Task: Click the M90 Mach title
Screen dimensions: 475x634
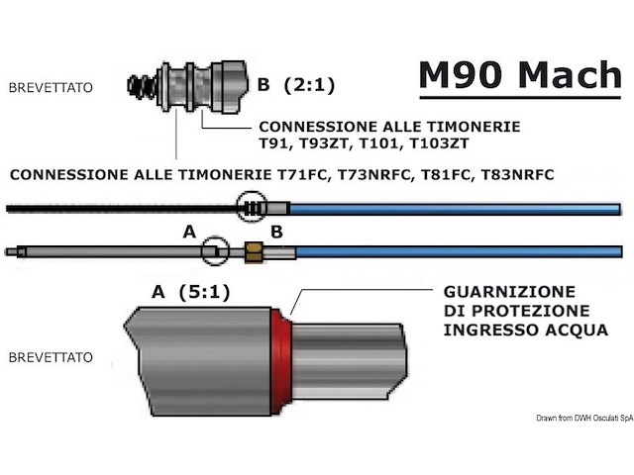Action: click(518, 75)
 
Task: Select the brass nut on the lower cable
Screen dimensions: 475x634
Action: click(253, 251)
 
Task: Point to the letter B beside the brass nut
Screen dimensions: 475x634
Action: click(277, 232)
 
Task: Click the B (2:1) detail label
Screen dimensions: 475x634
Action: click(295, 86)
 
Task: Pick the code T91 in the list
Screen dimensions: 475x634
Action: click(274, 143)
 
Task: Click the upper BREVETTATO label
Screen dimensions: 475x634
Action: click(51, 88)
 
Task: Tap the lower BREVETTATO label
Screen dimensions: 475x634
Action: click(51, 355)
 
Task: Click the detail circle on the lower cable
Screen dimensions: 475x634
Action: click(215, 251)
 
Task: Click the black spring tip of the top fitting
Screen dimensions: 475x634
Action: click(142, 86)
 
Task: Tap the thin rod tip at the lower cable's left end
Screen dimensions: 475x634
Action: click(11, 251)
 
